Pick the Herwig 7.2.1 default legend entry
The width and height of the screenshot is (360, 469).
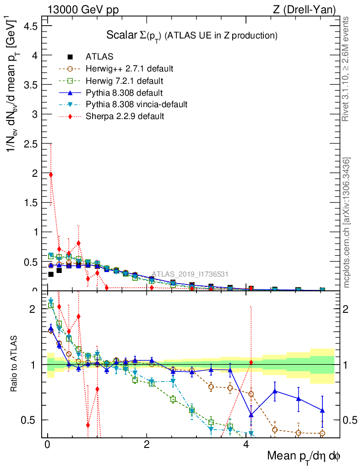[x=124, y=81]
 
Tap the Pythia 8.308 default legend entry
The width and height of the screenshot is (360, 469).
[x=124, y=93]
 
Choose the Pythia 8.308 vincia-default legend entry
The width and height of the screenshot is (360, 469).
[x=136, y=104]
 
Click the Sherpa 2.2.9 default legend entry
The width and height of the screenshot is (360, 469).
[x=125, y=116]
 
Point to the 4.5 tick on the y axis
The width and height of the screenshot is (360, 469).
[x=31, y=26]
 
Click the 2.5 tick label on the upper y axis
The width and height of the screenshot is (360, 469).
[x=31, y=144]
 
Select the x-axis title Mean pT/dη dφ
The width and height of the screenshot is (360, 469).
[x=304, y=457]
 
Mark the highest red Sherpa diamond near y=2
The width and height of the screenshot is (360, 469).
[x=51, y=175]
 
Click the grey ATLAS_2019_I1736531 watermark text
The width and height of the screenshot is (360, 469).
[x=190, y=274]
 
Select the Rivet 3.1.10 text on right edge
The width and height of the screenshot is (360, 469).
[x=347, y=69]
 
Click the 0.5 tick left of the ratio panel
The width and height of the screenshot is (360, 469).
[x=30, y=420]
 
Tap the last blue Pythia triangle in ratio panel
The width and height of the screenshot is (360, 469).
[x=322, y=410]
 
